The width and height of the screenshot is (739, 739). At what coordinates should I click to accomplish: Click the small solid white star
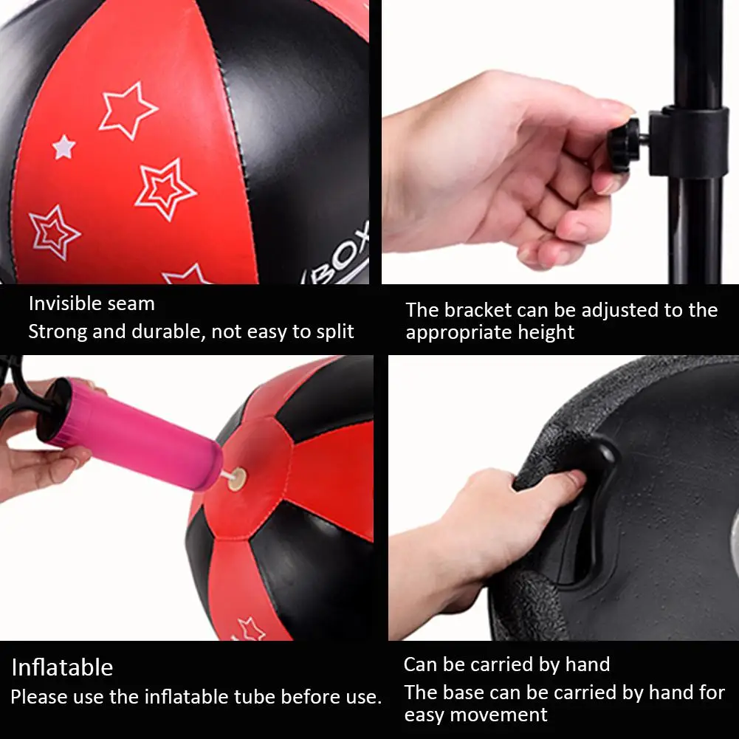coord(64,147)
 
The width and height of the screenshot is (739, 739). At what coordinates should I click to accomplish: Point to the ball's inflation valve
coord(236,481)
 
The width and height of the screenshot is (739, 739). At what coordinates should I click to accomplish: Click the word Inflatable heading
coord(62,667)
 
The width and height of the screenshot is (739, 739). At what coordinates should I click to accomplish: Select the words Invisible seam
coord(92,303)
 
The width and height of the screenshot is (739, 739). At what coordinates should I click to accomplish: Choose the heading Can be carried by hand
coord(506,664)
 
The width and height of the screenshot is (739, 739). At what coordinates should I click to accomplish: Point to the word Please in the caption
coord(38,696)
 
